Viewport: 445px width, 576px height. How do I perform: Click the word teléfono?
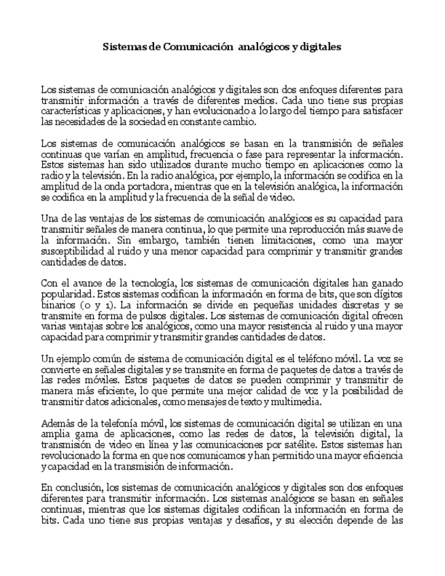click(x=312, y=358)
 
